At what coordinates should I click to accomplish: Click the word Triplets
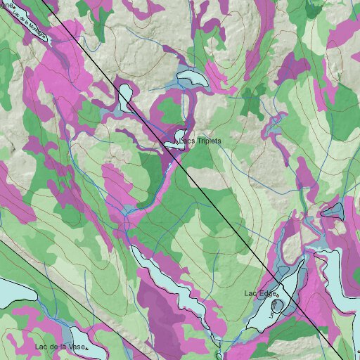tap(209, 141)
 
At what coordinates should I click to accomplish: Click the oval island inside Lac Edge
tap(274, 307)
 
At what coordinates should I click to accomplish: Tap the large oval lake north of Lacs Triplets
tap(192, 78)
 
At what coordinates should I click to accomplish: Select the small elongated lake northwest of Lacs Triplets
tap(126, 97)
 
